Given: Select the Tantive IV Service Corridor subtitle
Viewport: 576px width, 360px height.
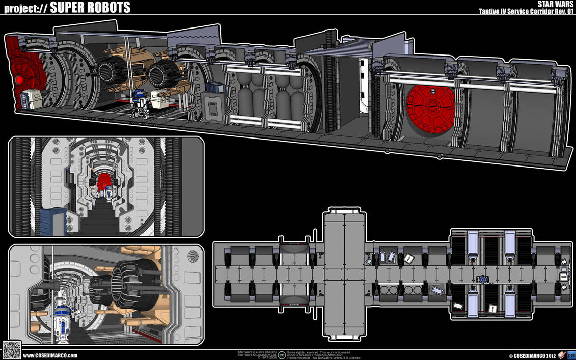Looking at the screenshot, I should click(x=527, y=11).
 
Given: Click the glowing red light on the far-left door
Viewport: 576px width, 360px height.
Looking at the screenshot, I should click(x=19, y=79).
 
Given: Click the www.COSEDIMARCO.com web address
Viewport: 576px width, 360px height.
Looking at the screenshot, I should click(x=50, y=355).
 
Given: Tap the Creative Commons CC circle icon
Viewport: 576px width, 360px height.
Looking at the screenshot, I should click(x=281, y=355).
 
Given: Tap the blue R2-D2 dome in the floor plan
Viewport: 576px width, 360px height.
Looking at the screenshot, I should click(x=482, y=279).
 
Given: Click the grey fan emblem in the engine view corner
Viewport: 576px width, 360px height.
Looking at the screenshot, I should click(x=194, y=256).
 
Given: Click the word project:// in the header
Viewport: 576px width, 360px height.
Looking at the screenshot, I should click(x=25, y=8).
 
